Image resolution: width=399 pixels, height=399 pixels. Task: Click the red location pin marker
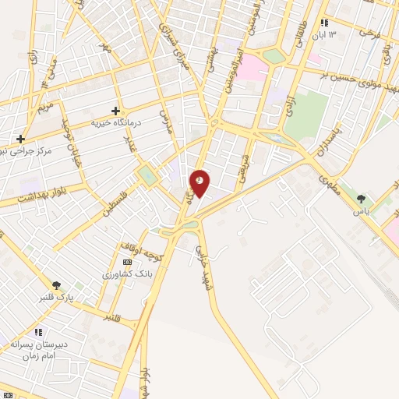tap(199, 183)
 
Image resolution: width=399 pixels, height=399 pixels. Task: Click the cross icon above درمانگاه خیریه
tap(116, 111)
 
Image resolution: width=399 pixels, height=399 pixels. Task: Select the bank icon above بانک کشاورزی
tap(127, 263)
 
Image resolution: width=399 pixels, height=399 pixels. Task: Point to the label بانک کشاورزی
tap(124, 274)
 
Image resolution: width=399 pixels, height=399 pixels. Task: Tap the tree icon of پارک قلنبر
tap(56, 286)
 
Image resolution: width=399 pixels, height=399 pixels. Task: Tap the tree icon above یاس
tap(360, 199)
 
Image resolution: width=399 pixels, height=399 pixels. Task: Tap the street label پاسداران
tap(334, 145)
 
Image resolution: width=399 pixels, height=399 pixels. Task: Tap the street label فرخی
tap(367, 35)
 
